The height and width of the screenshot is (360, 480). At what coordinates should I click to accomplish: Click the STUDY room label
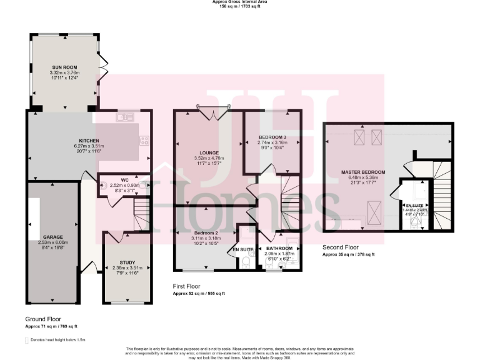click(x=119, y=263)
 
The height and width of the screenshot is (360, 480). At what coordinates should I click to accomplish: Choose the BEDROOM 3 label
click(x=272, y=137)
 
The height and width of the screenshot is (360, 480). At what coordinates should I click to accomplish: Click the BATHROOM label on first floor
click(x=279, y=248)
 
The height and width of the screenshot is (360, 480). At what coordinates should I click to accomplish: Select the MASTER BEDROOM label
click(x=362, y=172)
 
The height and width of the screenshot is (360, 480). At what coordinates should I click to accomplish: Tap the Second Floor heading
click(x=341, y=247)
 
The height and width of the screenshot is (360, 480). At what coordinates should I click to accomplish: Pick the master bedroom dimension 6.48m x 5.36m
click(x=362, y=177)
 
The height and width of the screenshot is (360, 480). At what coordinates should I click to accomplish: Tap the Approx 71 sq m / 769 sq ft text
click(x=51, y=326)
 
